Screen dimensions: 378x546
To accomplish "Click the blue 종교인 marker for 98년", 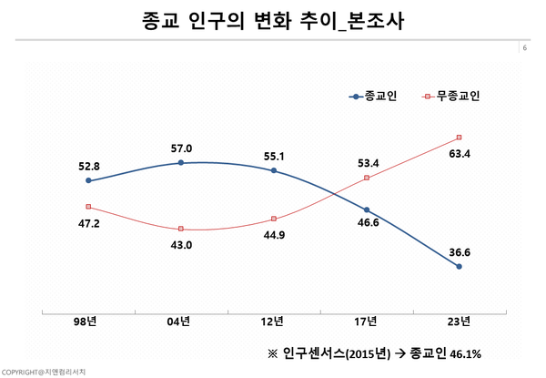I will [x=88, y=181].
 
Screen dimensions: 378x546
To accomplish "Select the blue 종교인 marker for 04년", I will [x=181, y=163].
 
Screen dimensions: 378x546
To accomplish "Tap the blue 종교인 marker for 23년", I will [x=459, y=267].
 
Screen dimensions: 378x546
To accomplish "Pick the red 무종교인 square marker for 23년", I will [x=459, y=138].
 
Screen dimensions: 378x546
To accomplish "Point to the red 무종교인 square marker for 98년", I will [x=88, y=207].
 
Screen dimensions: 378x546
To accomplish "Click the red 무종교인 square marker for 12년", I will [x=274, y=219].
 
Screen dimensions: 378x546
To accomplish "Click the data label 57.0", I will [x=181, y=148].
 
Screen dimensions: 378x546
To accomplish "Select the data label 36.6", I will [x=459, y=250].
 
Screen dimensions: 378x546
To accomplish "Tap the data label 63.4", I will [x=459, y=154].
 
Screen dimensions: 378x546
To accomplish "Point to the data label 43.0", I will [x=181, y=244].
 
